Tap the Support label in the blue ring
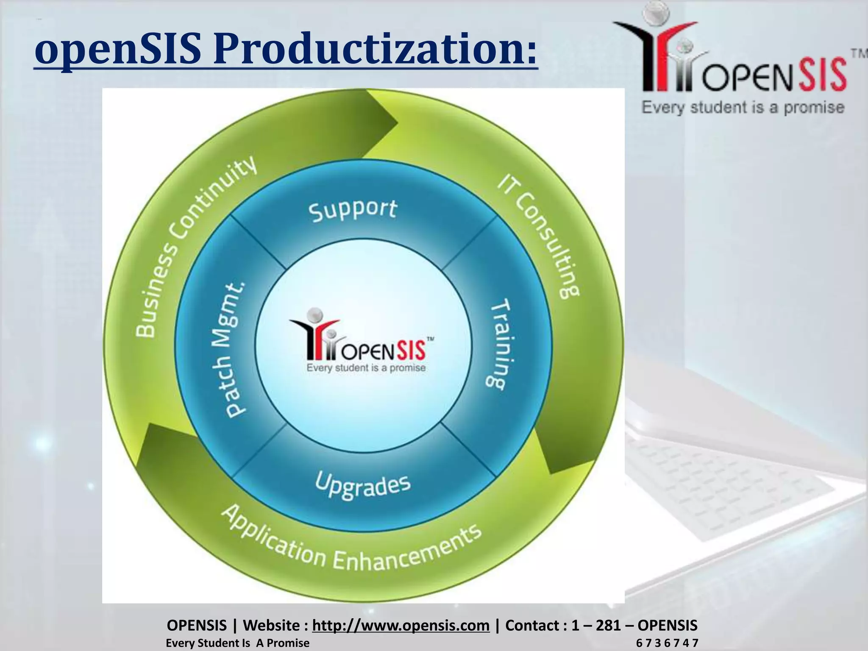pyautogui.click(x=353, y=210)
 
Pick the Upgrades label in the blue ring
pyautogui.click(x=363, y=486)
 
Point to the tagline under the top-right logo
pyautogui.click(x=743, y=107)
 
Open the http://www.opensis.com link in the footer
pyautogui.click(x=401, y=625)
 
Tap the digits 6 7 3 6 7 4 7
pyautogui.click(x=667, y=643)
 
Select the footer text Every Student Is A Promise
pyautogui.click(x=237, y=643)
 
